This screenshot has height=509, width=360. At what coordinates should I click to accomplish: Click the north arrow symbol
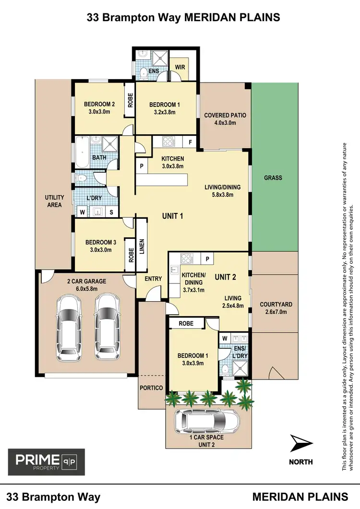tap(301, 443)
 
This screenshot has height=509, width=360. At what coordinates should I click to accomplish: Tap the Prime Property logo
tap(46, 462)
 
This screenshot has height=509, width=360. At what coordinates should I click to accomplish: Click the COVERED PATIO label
tap(225, 115)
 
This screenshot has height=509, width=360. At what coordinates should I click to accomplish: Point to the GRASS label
tap(273, 178)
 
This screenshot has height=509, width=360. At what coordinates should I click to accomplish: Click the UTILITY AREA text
tap(54, 201)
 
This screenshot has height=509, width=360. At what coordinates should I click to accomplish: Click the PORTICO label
tap(151, 388)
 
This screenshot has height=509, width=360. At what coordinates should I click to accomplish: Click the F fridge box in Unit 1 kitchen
tap(190, 142)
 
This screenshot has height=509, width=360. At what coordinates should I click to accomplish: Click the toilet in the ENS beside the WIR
tap(144, 73)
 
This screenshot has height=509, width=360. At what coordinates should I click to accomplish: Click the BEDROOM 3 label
tap(101, 243)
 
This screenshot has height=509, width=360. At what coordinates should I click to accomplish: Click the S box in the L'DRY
tap(112, 211)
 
